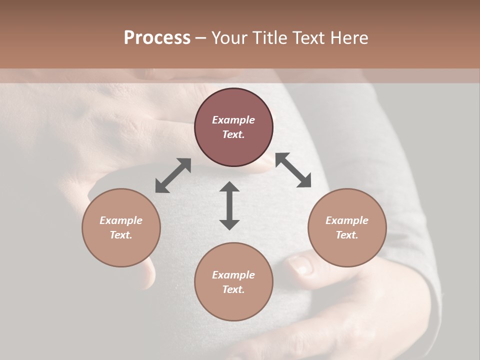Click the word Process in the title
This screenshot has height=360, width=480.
(x=157, y=38)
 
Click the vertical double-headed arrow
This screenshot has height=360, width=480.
(x=229, y=205)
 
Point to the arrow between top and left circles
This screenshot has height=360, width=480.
(x=173, y=175)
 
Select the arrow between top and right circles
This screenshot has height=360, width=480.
(x=293, y=170)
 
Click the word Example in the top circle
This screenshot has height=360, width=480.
(x=233, y=120)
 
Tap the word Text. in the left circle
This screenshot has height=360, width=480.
(x=121, y=235)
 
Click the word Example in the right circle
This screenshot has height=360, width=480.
(x=347, y=220)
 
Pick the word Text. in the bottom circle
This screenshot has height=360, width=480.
(x=233, y=289)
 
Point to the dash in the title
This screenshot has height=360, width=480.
(x=200, y=38)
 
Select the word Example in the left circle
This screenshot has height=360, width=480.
(x=121, y=220)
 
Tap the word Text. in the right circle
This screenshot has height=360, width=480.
(x=347, y=235)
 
